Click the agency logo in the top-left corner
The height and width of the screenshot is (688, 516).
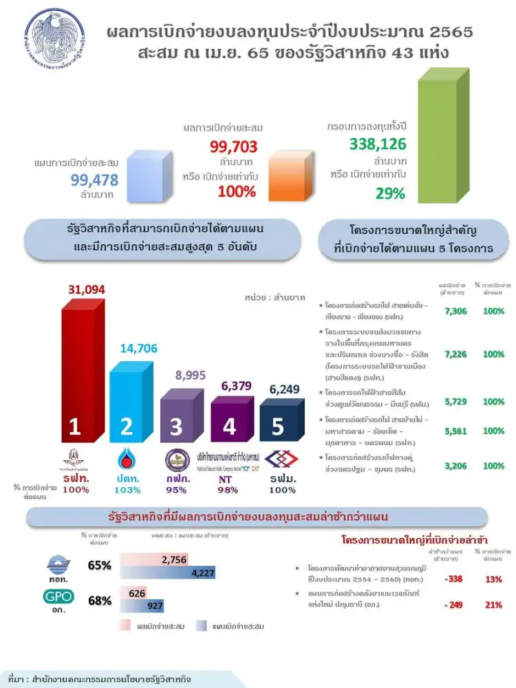pyautogui.click(x=56, y=38)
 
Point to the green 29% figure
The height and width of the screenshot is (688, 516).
pyautogui.click(x=390, y=193)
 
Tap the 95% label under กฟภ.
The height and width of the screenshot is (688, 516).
pyautogui.click(x=176, y=490)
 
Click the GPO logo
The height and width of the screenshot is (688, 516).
pyautogui.click(x=60, y=598)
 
